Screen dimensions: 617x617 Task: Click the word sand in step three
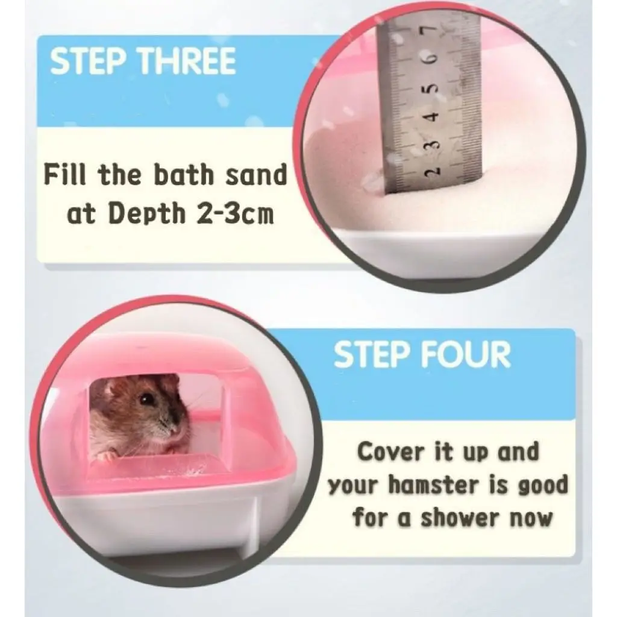tap(256, 175)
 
